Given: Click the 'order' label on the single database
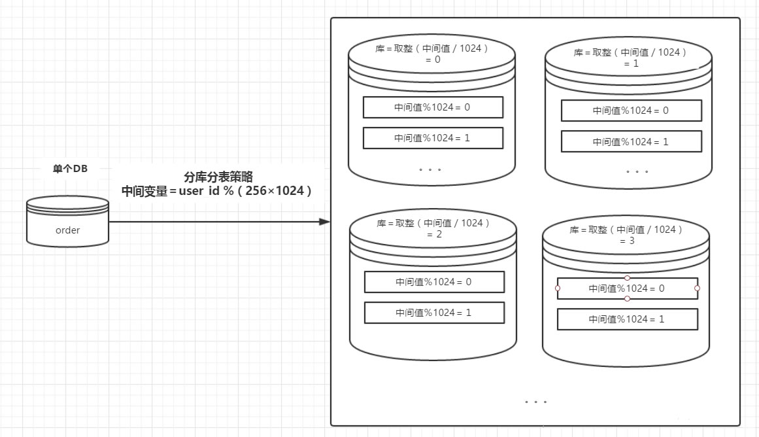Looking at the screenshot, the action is (x=68, y=230).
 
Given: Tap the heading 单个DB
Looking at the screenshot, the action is (x=70, y=169).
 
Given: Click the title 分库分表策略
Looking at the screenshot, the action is (x=218, y=177).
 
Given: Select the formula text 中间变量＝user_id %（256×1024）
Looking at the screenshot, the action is (x=216, y=191).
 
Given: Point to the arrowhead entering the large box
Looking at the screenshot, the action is (x=324, y=222).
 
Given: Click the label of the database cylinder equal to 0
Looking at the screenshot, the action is (x=432, y=54).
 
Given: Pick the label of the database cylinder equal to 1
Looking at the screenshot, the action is (x=630, y=58).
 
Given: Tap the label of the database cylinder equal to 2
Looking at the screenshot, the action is (x=433, y=229).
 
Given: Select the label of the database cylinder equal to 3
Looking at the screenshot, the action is (x=626, y=235).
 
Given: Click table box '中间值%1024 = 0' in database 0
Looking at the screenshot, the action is (x=433, y=107).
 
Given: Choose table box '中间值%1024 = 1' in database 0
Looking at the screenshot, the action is (x=433, y=138).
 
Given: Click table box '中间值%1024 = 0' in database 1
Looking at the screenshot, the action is (x=632, y=111).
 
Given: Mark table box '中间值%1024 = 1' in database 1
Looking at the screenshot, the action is (x=632, y=141).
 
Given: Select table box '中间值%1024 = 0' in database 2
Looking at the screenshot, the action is (x=434, y=282).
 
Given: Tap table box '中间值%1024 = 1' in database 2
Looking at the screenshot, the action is (x=434, y=313).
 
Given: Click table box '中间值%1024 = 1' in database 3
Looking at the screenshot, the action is (x=628, y=319).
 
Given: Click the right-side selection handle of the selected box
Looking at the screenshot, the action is (x=697, y=288).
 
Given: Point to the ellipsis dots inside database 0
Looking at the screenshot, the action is (x=430, y=169).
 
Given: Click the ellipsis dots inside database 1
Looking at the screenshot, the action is (x=637, y=171).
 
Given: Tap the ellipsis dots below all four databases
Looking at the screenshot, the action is (x=536, y=402).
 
